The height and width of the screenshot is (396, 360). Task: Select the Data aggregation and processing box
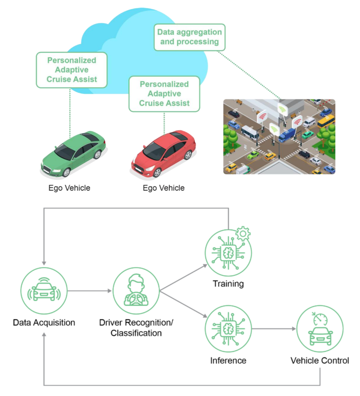(x=190, y=37)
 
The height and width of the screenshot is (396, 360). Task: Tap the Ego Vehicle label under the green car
(x=70, y=188)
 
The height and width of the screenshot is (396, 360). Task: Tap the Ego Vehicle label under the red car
(x=164, y=188)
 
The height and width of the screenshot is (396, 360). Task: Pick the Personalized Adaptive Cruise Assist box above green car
(x=72, y=70)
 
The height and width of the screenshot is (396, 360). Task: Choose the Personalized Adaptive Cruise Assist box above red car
(x=164, y=94)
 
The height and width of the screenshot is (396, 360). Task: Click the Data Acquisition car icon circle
(x=44, y=291)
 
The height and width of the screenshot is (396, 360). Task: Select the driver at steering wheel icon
(x=136, y=291)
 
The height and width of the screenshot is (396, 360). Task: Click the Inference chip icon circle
(x=228, y=329)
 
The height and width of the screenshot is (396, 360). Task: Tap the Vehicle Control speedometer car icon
(x=320, y=329)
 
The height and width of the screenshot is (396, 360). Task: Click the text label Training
(x=228, y=284)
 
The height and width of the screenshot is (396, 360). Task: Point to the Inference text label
(x=228, y=360)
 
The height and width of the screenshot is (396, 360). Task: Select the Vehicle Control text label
(x=320, y=360)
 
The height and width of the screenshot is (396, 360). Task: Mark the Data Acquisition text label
(x=44, y=323)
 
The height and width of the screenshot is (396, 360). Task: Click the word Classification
(x=136, y=333)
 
